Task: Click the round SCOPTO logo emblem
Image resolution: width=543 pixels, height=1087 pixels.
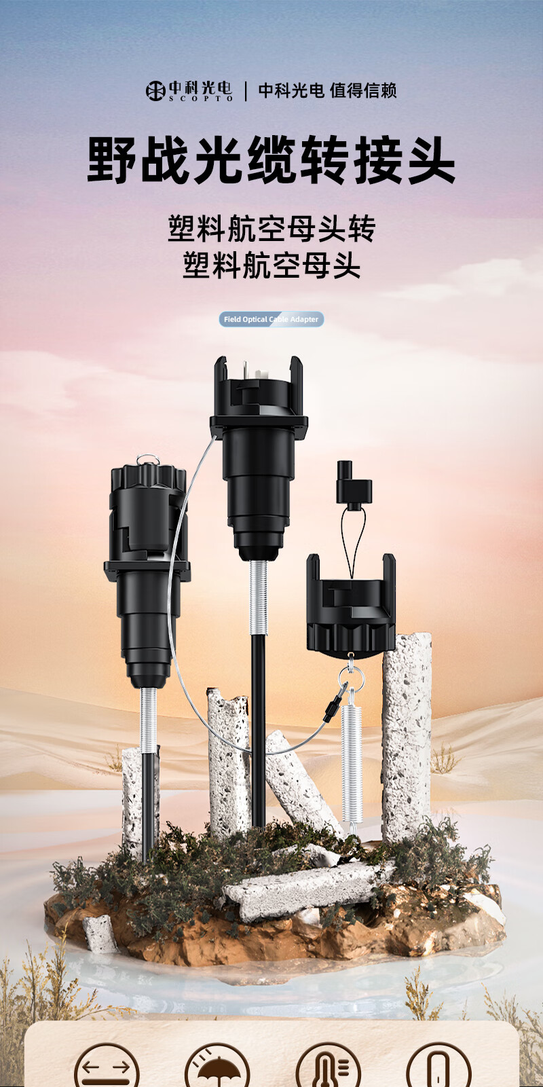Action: [155, 91]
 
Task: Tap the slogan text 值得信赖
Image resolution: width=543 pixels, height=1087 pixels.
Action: [363, 91]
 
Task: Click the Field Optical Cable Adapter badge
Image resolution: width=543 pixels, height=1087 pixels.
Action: [271, 319]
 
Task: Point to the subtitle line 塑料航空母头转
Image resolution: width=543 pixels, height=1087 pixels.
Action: [271, 228]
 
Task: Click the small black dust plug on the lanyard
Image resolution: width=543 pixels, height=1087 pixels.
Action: [354, 483]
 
